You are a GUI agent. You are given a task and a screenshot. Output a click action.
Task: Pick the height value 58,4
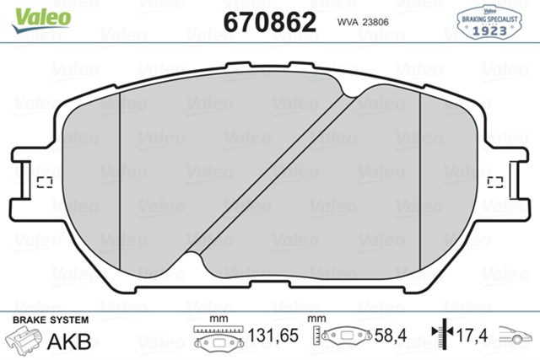pyautogui.click(x=391, y=336)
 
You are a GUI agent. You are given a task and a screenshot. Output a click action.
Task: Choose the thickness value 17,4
pyautogui.click(x=472, y=336)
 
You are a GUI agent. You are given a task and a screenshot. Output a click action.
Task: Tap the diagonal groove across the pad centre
pyautogui.click(x=270, y=180)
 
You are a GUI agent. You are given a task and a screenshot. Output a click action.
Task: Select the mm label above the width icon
pyautogui.click(x=219, y=319)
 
